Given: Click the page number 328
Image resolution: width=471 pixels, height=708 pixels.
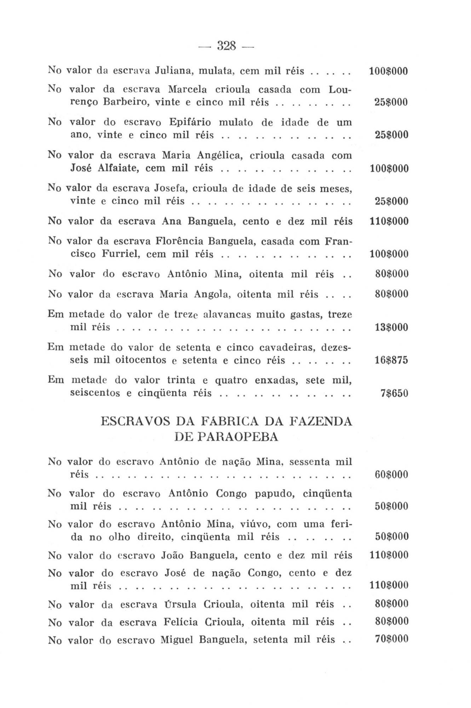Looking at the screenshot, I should click(226, 46).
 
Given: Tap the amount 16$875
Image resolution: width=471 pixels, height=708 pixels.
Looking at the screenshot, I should click(391, 360).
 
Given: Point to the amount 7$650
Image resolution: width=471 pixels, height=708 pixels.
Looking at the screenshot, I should click(394, 393).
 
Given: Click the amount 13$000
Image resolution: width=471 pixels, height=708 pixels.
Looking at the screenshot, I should click(391, 327).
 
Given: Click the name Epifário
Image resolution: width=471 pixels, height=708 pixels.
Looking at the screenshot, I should click(190, 122).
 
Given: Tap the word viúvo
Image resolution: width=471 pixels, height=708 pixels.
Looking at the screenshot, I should click(256, 524).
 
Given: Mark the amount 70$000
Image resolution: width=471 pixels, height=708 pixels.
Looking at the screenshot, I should click(391, 639).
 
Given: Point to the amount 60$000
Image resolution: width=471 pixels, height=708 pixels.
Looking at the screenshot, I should click(391, 474).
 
